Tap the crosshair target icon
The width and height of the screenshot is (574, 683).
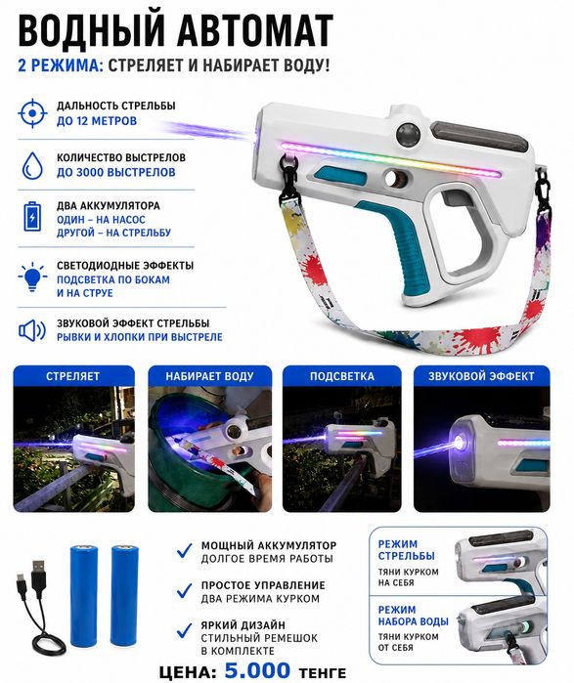tap(32, 113)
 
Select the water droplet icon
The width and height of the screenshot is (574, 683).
tap(32, 165)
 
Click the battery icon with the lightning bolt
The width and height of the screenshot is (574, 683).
tap(32, 217)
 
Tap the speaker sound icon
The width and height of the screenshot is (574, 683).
tap(32, 330)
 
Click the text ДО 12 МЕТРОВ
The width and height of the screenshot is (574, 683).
tap(97, 120)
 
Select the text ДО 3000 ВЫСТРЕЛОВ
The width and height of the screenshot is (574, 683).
tap(116, 173)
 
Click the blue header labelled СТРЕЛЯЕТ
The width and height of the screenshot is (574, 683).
tap(73, 376)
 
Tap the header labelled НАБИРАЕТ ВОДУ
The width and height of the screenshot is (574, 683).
tap(209, 376)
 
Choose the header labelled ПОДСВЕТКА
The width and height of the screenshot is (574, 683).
tap(342, 376)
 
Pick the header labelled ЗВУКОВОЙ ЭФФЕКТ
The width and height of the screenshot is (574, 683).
tap(481, 376)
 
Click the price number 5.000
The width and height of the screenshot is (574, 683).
tap(257, 670)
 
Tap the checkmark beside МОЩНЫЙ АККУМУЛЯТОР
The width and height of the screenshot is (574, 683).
tap(184, 550)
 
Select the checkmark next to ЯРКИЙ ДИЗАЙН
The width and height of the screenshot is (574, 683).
tap(184, 630)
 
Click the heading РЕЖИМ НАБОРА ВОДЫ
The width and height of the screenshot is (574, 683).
tap(414, 616)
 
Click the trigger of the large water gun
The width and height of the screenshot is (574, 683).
tap(452, 199)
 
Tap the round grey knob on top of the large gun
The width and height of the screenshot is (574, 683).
tap(409, 133)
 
